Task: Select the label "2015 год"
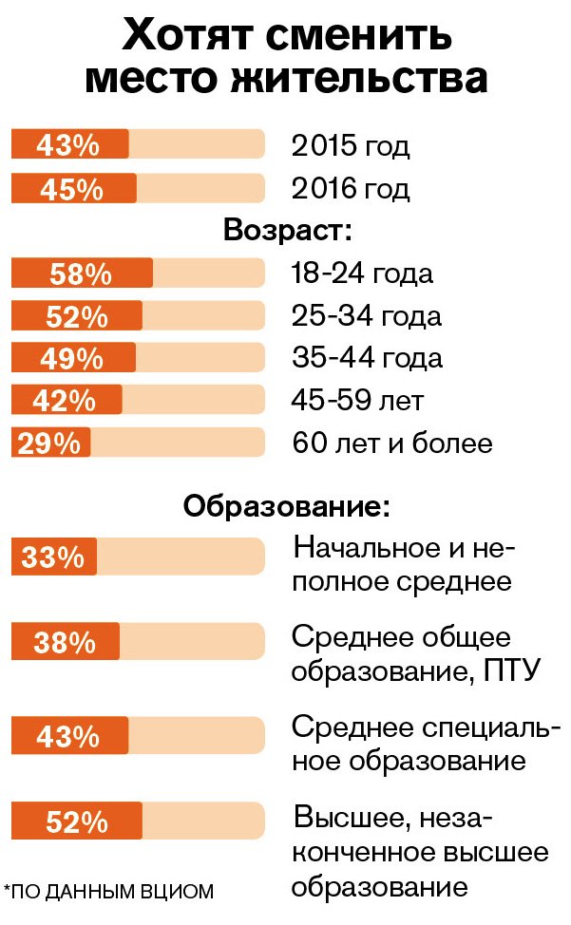(x=351, y=146)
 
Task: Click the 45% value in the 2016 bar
(x=71, y=189)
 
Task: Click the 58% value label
(x=81, y=274)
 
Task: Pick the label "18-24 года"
(x=362, y=274)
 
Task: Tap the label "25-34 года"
(x=366, y=315)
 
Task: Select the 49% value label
(x=71, y=359)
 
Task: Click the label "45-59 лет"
(x=357, y=401)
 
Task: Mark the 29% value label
(x=49, y=444)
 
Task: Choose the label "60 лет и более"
(x=391, y=444)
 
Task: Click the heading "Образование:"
(x=286, y=504)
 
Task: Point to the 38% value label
(x=65, y=643)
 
